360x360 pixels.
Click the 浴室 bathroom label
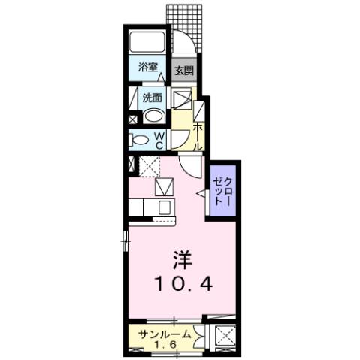point(147,68)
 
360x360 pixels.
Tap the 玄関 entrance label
point(183,71)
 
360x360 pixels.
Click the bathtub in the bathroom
point(147,41)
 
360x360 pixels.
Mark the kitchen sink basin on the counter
point(165,207)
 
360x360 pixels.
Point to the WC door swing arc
point(180,138)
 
